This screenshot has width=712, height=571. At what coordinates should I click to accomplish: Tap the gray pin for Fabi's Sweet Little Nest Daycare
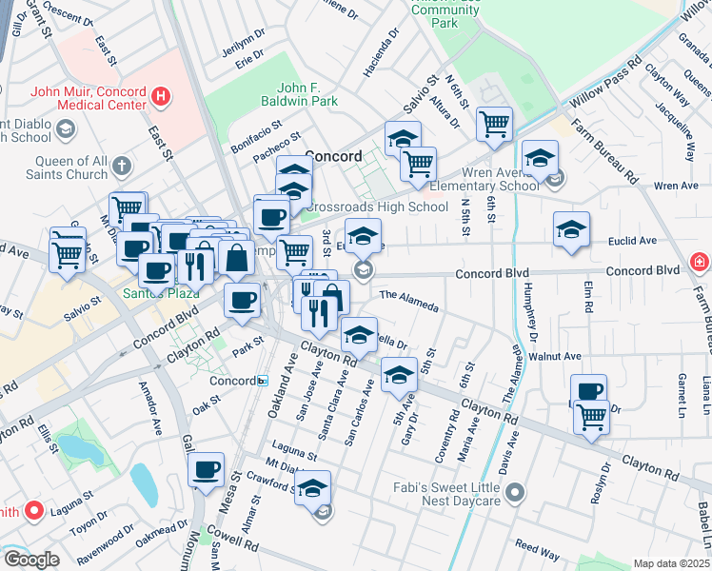tap(515, 492)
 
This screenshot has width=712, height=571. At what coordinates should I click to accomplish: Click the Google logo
tap(30, 560)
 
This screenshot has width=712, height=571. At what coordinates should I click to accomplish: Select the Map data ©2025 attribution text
tap(671, 563)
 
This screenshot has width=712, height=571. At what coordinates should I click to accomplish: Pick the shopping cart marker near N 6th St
tap(494, 123)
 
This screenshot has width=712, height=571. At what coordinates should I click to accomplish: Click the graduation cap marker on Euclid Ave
tap(570, 229)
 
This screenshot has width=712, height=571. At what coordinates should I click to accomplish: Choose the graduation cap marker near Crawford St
tap(311, 488)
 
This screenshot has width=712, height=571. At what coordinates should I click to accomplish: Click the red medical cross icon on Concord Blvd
tap(700, 261)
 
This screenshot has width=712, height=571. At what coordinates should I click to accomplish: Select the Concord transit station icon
tap(262, 381)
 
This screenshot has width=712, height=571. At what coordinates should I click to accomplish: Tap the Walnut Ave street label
tap(561, 356)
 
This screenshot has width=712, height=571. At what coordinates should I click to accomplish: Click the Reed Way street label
tap(537, 549)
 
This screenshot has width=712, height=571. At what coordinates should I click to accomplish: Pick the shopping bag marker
tap(236, 257)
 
